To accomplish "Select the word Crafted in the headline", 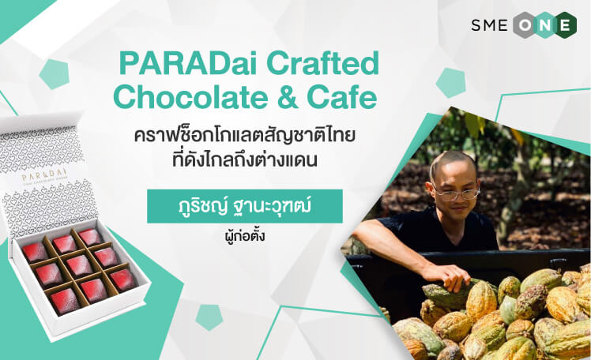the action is click(x=323, y=62).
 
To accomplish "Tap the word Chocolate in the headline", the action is click(x=190, y=97).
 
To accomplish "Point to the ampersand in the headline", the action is click(x=288, y=97).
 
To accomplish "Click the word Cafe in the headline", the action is click(x=342, y=97).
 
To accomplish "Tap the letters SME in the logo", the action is click(x=489, y=25).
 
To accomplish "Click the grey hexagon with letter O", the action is click(x=525, y=24).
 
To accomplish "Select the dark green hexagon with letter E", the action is click(x=564, y=24).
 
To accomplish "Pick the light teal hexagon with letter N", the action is click(x=545, y=24).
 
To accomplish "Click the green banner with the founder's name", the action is click(x=245, y=206).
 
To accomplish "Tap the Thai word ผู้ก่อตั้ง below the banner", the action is click(x=244, y=236).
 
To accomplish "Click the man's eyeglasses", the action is click(x=457, y=193).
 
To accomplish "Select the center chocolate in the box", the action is click(x=79, y=264).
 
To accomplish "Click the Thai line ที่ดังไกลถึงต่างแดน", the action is click(x=244, y=160).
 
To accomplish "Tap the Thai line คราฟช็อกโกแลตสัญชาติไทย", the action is click(x=245, y=136).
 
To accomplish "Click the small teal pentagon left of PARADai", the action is click(x=55, y=74).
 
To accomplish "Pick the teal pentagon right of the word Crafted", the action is click(x=451, y=83).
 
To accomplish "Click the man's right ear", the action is click(x=430, y=188).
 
